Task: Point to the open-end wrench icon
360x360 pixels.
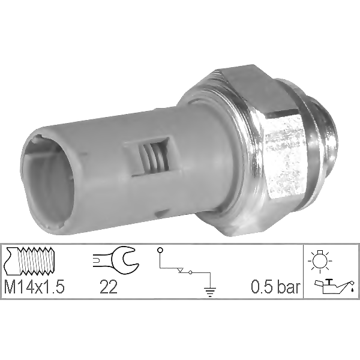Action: (116, 259)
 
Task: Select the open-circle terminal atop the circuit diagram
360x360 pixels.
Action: (158, 248)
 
